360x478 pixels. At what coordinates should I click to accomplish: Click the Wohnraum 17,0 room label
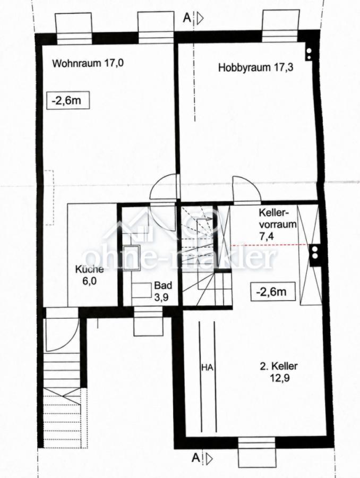click(88, 63)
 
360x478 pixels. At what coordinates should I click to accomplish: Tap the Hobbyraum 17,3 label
click(256, 67)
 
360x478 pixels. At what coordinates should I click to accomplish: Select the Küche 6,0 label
click(89, 275)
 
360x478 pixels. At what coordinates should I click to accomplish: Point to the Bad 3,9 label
click(163, 291)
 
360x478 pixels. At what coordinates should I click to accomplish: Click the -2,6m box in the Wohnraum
click(67, 100)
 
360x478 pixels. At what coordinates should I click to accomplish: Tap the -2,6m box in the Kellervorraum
click(273, 292)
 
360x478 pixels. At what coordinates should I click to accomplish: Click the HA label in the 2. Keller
click(207, 368)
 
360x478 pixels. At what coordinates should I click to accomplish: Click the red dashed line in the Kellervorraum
click(270, 245)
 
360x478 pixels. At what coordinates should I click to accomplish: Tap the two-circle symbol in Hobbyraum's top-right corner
click(309, 54)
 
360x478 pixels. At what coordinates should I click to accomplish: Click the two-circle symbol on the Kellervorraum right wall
click(314, 252)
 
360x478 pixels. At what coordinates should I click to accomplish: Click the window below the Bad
click(148, 321)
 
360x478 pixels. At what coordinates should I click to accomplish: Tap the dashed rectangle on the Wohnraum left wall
click(49, 198)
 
